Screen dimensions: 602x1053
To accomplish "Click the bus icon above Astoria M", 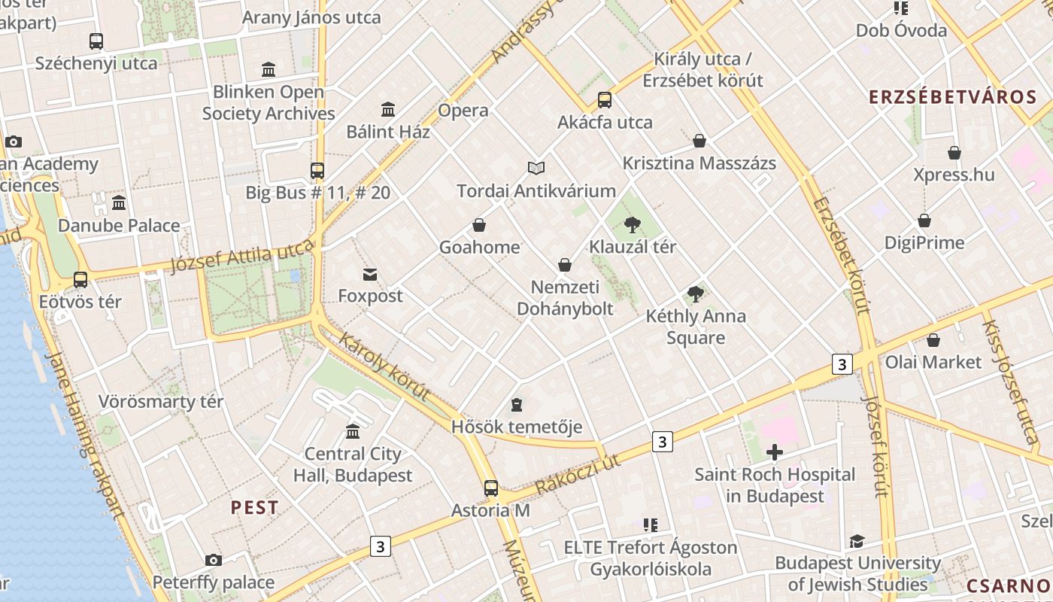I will [x=491, y=488].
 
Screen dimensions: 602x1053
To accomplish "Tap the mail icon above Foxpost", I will [x=370, y=275].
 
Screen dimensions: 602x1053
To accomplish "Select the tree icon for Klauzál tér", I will [x=633, y=224].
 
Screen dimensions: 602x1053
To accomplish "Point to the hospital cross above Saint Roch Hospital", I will [x=774, y=452].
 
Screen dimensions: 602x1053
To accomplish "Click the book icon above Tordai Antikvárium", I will [x=536, y=168].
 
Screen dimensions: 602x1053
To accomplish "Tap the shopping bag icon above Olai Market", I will [x=933, y=340].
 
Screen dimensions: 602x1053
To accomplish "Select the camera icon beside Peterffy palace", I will [x=214, y=560].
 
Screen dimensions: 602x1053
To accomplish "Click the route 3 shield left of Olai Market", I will [x=842, y=365].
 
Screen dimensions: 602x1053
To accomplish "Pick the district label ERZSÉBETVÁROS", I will [x=953, y=97].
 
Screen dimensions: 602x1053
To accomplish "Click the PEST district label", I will [x=254, y=507].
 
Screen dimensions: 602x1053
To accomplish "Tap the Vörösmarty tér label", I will [x=161, y=401].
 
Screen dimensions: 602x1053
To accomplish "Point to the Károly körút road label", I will [x=384, y=366].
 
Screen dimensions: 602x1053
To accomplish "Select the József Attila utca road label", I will [x=241, y=257].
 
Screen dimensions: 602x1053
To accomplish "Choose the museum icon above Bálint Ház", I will [x=388, y=110].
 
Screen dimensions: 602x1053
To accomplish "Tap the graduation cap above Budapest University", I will [x=857, y=541].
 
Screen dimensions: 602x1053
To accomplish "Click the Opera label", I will [x=463, y=111].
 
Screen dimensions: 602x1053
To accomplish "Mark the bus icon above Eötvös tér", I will [x=80, y=280].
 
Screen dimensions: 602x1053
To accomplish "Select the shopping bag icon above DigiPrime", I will [x=924, y=221].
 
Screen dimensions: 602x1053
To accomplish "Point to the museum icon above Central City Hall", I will [x=353, y=432].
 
